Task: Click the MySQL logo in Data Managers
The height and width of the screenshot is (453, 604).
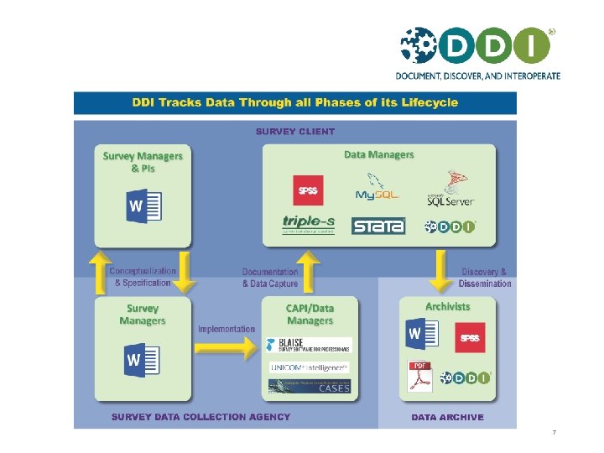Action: click(377, 188)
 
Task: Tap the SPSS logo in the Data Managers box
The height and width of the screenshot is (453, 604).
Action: click(308, 190)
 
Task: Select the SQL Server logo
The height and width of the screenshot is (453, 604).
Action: click(450, 190)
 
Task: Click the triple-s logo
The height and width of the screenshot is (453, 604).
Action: click(309, 224)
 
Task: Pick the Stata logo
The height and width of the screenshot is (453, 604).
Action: click(378, 226)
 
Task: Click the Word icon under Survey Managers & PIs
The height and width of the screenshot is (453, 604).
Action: click(143, 206)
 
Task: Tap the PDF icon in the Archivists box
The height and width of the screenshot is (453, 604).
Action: click(419, 377)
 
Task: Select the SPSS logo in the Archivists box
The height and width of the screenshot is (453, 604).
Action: click(470, 338)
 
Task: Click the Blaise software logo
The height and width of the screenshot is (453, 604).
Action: click(308, 345)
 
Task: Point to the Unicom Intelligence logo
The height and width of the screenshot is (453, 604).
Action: click(309, 367)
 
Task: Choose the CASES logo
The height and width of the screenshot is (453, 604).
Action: click(309, 387)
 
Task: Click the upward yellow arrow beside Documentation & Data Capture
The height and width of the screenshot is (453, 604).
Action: click(310, 270)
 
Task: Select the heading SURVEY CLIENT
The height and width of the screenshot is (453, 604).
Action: click(294, 131)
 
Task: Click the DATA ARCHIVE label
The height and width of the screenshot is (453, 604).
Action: click(447, 417)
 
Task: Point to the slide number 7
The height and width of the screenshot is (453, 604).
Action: click(554, 433)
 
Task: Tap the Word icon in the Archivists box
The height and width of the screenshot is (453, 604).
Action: click(422, 335)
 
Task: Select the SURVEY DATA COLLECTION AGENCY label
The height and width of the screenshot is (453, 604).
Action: click(201, 417)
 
